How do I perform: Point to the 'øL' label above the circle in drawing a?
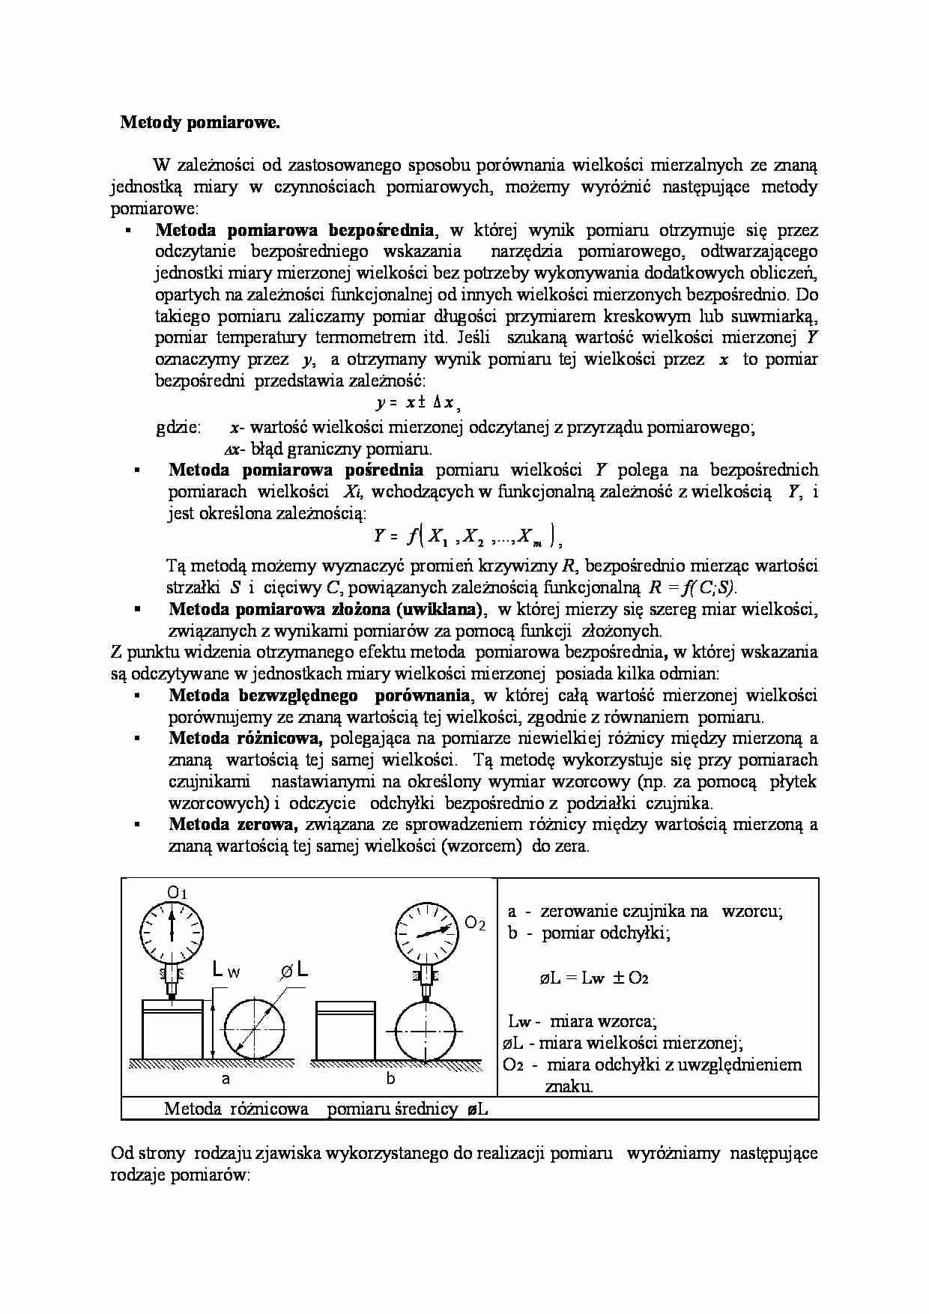coord(294,971)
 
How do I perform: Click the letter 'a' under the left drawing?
coord(225,1079)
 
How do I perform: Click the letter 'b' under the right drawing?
coord(390,1079)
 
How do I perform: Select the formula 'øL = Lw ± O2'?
coord(593,978)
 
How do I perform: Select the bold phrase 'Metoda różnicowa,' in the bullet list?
coord(245,738)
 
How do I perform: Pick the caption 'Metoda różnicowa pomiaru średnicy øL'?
coord(326,1109)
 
